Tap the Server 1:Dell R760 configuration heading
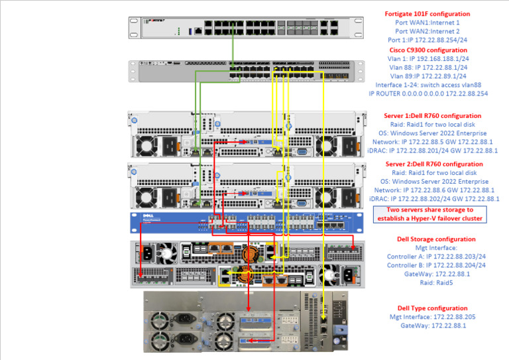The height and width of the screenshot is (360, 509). (434, 115)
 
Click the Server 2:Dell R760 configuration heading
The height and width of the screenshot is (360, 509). (434, 164)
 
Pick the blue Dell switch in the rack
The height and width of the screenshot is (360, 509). (245, 223)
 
